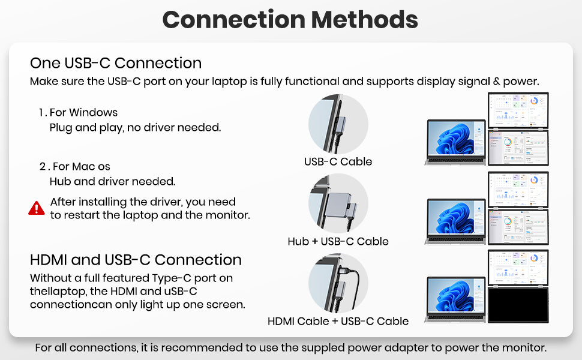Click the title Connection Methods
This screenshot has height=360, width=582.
point(290,19)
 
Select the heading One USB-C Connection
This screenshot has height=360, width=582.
point(116,63)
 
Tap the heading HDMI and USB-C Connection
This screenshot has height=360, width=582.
point(136,260)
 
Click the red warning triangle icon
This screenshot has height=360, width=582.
point(37,208)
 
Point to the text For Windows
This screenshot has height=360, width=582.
point(83,112)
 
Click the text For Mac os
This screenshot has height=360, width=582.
point(81,166)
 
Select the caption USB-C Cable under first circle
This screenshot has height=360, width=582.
point(338,161)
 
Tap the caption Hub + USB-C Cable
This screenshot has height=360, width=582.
point(338,241)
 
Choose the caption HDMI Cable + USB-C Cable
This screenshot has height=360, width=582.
point(338,321)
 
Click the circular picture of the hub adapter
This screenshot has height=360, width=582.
point(338,203)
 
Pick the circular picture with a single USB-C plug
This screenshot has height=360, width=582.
point(338,124)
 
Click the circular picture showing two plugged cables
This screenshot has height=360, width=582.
point(338,283)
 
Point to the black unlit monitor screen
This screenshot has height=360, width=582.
point(518,305)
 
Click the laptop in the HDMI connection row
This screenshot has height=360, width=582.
point(456,299)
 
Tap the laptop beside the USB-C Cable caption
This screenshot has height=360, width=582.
point(456,142)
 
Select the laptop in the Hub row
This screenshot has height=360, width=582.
point(456,221)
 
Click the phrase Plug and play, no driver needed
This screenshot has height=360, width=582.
point(135,128)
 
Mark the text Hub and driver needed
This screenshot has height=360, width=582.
point(112,181)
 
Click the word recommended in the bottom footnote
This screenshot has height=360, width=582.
point(202,348)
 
